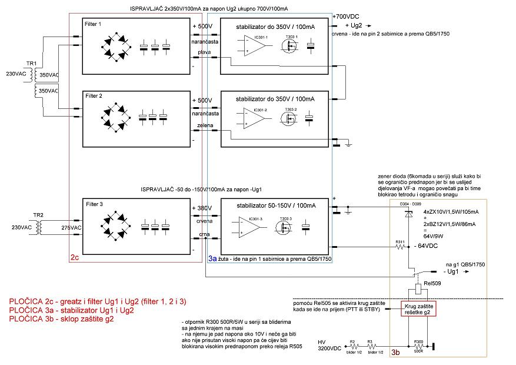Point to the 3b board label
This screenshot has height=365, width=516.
pos(395,352)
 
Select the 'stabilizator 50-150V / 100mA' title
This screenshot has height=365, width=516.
pos(274,205)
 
